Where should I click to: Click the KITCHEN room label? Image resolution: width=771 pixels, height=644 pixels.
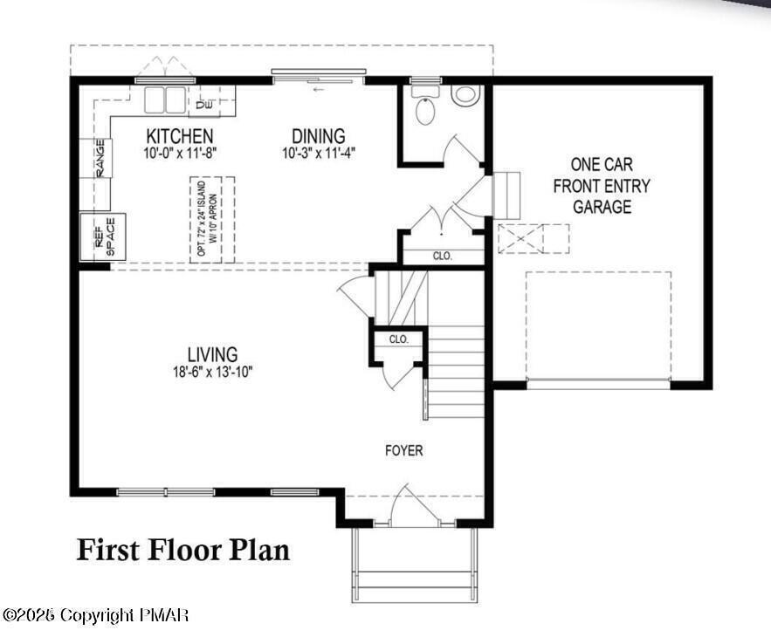[180, 136]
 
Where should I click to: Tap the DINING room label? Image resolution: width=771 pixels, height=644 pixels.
[318, 136]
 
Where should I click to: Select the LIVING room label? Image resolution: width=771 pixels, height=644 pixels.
[212, 354]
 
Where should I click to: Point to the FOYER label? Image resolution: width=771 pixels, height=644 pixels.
[404, 450]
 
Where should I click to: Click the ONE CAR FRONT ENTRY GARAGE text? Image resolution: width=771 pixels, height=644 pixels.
[602, 185]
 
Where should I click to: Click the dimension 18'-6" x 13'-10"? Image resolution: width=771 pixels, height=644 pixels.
[212, 371]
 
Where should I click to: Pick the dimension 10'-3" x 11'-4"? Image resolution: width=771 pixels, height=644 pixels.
[319, 153]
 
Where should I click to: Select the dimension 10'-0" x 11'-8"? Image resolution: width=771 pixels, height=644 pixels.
[180, 153]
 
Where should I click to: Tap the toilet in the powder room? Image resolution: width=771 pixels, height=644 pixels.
[425, 110]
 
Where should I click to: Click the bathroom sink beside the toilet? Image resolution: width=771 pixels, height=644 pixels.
[465, 95]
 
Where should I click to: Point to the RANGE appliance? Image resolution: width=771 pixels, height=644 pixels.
[100, 158]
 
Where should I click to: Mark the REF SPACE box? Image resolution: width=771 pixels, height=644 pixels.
[103, 236]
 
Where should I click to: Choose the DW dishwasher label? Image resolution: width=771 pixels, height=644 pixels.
[204, 106]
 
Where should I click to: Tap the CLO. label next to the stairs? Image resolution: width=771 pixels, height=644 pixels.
[398, 339]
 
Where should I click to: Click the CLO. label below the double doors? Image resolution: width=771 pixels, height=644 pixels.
[443, 257]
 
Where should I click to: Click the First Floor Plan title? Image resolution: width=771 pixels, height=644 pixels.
[183, 550]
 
